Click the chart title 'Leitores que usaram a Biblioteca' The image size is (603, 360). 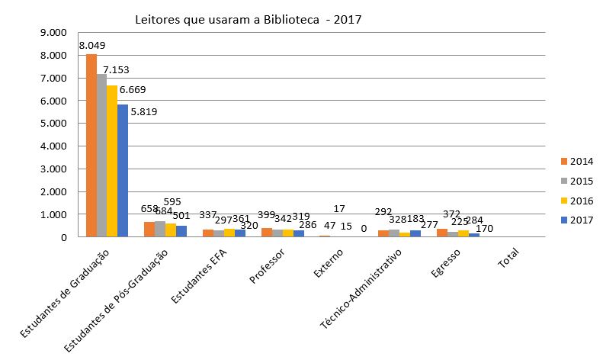pyautogui.click(x=248, y=20)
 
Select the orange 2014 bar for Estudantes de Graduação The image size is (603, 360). pyautogui.click(x=91, y=145)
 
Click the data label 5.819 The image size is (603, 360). pyautogui.click(x=144, y=112)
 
